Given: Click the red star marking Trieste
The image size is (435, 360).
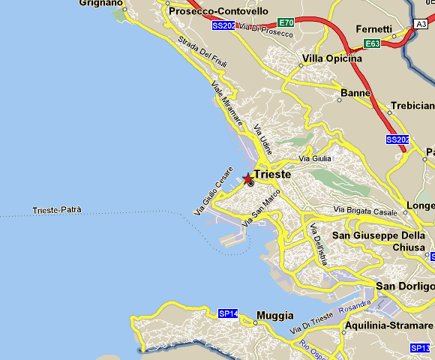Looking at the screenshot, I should click(248, 178).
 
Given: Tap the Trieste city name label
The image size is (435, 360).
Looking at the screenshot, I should click(272, 174).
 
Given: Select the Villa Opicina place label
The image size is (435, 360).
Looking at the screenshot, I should click(332, 58).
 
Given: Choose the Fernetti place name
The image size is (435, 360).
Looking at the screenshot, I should click(374, 29).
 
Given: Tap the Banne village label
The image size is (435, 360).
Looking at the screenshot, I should click(355, 93).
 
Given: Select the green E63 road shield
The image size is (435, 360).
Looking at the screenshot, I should click(373, 44).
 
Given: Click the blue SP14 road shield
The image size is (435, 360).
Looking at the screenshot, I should click(228, 313).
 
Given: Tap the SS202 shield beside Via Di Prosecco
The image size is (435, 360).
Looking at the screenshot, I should click(223, 25).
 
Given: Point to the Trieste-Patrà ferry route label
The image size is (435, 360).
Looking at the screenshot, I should click(58, 210).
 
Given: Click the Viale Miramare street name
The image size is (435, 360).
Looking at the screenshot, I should click(226, 103).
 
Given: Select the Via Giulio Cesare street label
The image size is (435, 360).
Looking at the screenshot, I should click(214, 193).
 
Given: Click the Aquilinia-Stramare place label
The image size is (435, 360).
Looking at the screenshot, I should click(388, 327).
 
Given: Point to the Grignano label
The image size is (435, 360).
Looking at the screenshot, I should click(100, 3).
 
